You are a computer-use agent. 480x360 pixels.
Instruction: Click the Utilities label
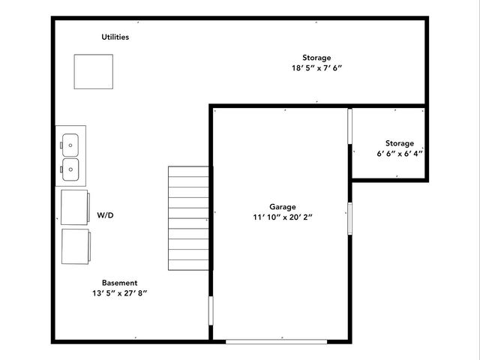tap(115, 37)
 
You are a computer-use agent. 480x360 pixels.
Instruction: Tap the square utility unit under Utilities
tap(93, 72)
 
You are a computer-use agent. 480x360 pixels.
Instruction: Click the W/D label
tap(105, 215)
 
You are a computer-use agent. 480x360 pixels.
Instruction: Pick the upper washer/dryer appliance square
tap(75, 206)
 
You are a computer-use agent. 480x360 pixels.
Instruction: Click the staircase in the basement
tap(188, 217)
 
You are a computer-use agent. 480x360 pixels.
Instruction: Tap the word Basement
tap(119, 283)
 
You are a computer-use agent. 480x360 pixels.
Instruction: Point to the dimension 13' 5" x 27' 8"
tap(115, 293)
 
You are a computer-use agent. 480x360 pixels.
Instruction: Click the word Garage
tap(283, 207)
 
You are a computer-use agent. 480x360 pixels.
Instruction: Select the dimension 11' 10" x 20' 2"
tap(283, 217)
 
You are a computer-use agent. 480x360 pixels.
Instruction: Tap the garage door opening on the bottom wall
tap(277, 341)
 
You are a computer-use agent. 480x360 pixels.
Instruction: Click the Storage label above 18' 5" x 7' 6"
tap(316, 58)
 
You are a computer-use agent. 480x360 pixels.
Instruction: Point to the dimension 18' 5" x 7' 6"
tap(316, 68)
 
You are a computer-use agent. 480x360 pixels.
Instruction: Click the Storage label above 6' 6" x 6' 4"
tap(400, 143)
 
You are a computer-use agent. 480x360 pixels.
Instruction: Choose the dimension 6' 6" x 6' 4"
tap(400, 154)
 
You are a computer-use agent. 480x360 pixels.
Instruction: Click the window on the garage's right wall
tap(349, 217)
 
